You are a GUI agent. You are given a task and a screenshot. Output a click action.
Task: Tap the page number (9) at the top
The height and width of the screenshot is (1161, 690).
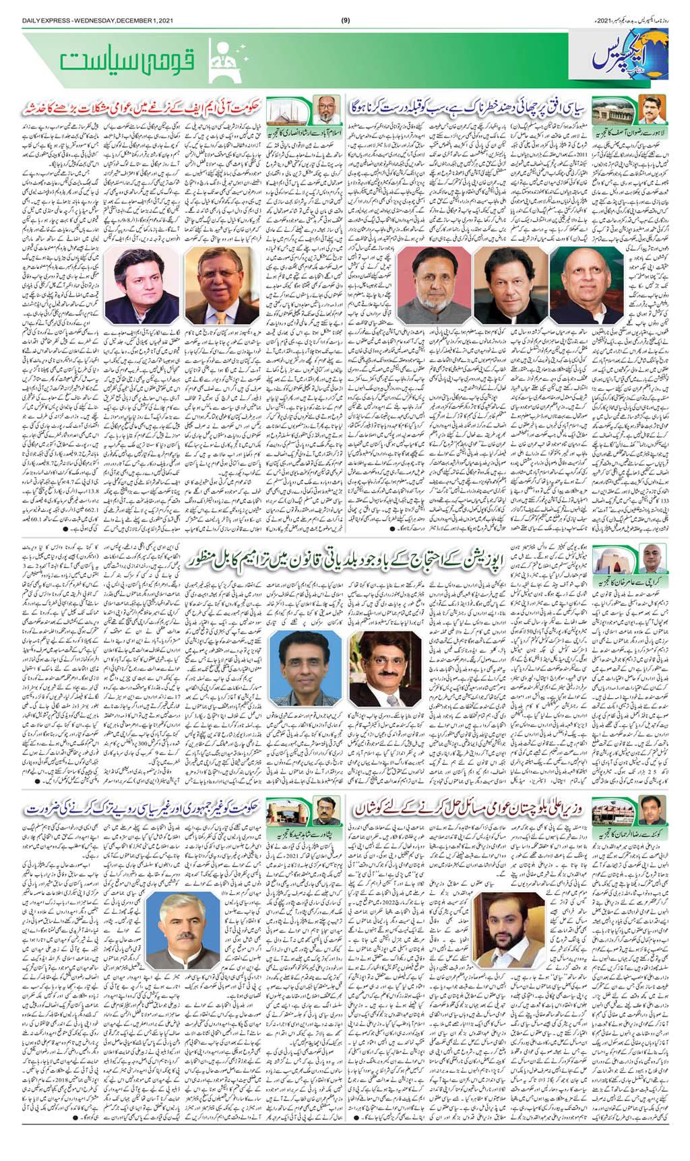click(345, 9)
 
